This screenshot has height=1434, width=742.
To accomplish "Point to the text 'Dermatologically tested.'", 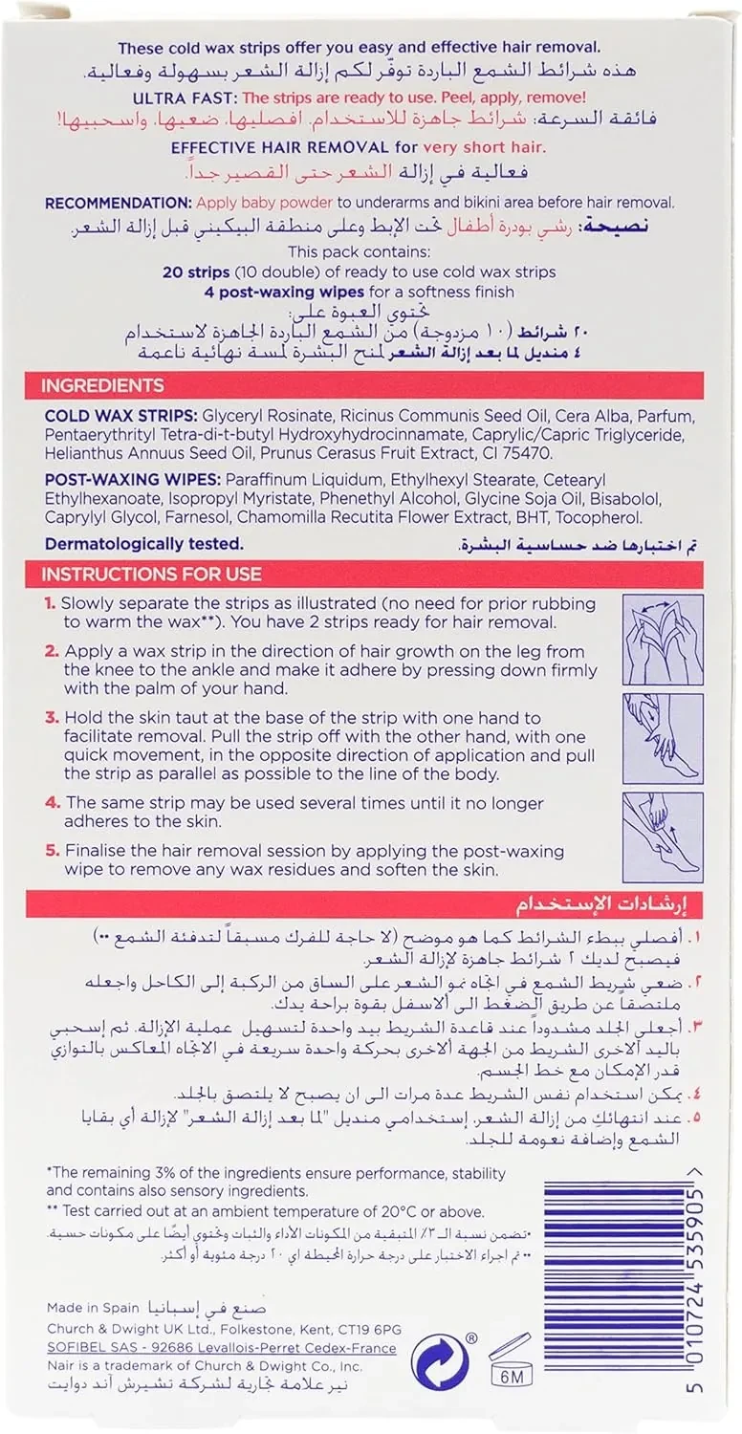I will click(143, 544).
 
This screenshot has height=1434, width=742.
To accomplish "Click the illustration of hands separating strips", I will click(662, 639).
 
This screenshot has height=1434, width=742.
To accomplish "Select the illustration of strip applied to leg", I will click(662, 738).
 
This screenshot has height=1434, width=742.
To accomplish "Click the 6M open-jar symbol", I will click(510, 1361).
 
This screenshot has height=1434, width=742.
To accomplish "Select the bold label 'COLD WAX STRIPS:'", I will click(106, 418).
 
